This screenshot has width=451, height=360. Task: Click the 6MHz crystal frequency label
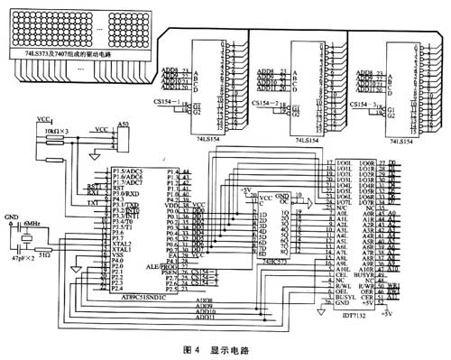click(x=32, y=222)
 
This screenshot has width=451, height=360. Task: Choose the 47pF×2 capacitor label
click(x=24, y=258)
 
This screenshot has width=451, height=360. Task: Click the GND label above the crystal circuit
click(x=11, y=217)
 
